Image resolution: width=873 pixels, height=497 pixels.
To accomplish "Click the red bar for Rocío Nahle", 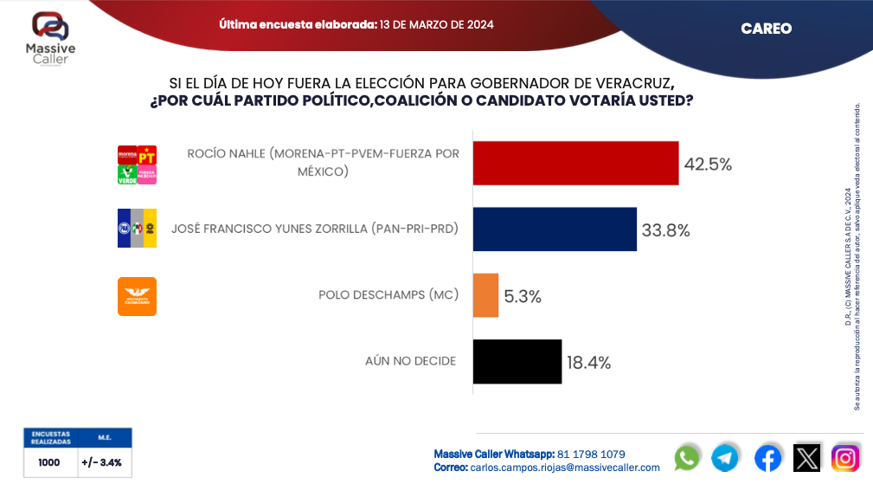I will pos(575,163).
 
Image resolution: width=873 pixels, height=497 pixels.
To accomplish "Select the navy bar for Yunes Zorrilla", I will pos(555,229).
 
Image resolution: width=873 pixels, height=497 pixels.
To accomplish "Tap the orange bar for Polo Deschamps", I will pos(485,295).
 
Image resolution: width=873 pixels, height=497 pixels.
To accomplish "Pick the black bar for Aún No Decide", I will pos(517,361).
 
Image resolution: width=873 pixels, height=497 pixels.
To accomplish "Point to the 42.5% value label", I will pos(708,164).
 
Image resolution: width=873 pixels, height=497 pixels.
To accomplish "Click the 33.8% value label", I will pos(665,230).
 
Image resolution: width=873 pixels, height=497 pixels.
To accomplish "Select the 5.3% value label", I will pos(523,296).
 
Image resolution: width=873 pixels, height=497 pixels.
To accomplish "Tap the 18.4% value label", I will pos(589,362).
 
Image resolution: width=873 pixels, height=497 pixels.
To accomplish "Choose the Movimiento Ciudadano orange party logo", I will pos(137,296).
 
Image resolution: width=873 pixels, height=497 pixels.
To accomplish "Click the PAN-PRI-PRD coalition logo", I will pos(137,229).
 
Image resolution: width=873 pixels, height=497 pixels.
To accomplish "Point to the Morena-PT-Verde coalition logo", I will pos(137,164).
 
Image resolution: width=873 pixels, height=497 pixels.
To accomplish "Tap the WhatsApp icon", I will pos(687,457).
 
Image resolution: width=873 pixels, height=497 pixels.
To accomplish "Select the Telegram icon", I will pos(725,457).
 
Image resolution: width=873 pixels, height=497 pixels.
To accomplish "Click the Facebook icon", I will pos(767,457).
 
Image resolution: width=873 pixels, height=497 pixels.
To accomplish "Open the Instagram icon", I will pos(845,457).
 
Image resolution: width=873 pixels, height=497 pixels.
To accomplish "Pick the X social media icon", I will pos(806,457).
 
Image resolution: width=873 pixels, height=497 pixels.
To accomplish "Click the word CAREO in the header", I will pos(766,29).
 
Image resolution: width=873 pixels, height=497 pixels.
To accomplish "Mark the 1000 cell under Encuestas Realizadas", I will pos(49,462).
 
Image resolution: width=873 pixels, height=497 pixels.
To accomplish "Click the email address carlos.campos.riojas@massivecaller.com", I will pos(565,468).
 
